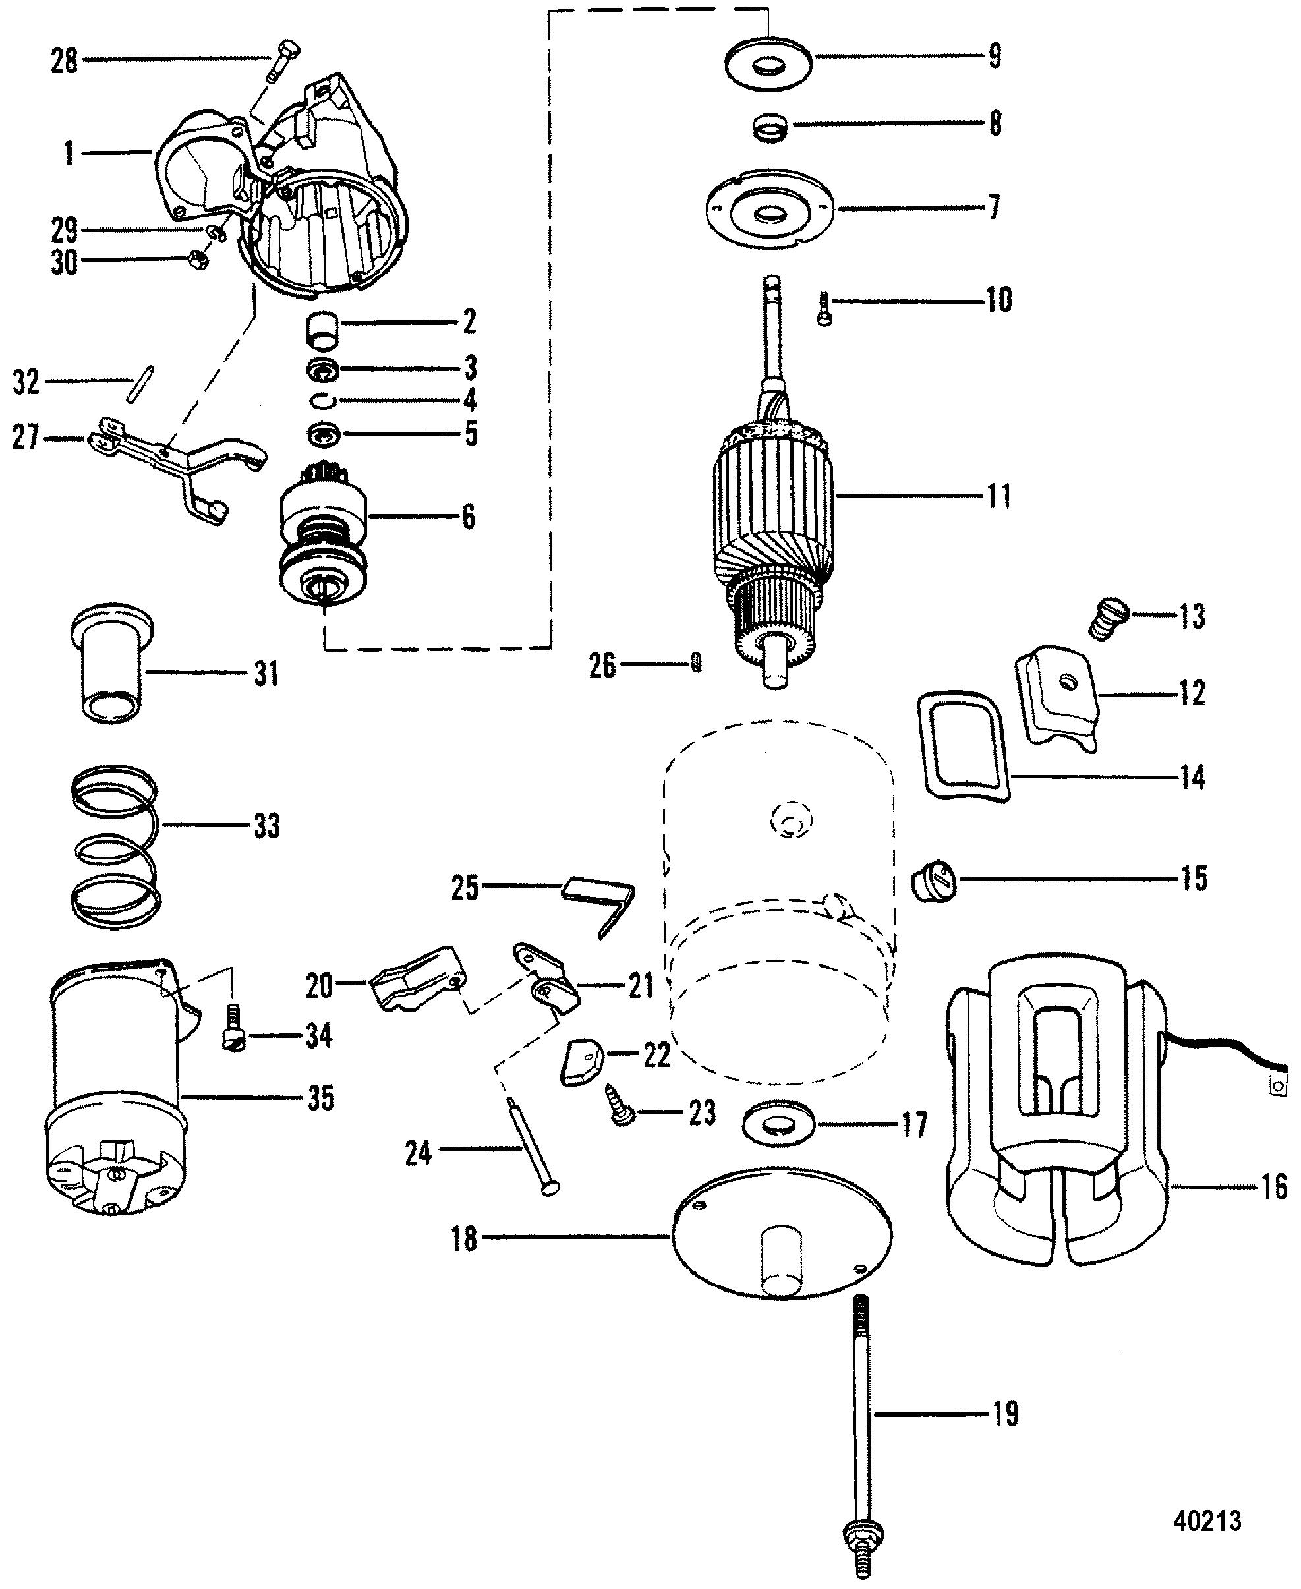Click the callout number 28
point(65,60)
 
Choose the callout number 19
point(1006,1413)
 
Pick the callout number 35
point(321,1099)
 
